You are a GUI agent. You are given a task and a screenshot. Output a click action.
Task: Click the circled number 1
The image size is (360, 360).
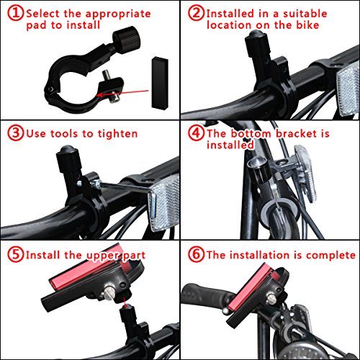coord(15,13)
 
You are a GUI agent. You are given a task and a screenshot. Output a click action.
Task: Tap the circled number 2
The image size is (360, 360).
coord(196,13)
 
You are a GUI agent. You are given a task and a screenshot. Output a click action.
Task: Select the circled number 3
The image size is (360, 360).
coord(15,132)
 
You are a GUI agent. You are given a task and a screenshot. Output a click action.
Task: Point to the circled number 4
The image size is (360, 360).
coord(196,132)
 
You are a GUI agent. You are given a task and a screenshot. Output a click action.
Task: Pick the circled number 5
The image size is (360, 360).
coord(15,254)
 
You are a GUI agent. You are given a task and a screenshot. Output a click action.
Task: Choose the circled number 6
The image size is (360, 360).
coord(196,254)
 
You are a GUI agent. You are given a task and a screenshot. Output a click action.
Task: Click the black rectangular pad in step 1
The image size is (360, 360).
coord(160,84)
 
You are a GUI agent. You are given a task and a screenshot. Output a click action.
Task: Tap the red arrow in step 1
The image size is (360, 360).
coord(122,93)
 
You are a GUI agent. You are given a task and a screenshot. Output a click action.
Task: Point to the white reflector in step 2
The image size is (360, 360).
coord(348,89)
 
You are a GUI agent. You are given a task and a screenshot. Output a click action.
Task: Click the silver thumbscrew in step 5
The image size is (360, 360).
coord(109,293)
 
